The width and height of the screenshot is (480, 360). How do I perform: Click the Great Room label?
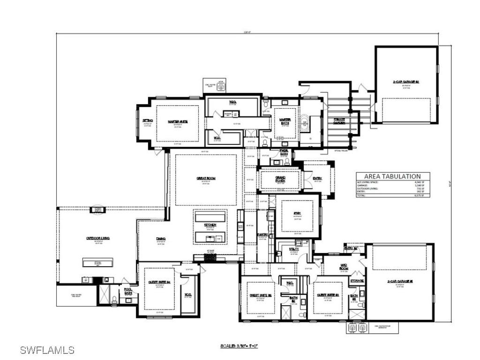[202, 178]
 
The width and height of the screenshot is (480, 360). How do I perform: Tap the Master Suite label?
[177, 121]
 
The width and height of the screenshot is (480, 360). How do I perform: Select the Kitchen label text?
[210, 225]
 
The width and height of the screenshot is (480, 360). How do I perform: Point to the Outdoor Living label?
[97, 238]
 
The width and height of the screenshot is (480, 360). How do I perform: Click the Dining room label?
[161, 238]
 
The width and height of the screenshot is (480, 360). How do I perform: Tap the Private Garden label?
[340, 121]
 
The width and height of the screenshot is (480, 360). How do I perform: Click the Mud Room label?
[344, 268]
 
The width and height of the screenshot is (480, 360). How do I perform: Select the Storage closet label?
[357, 280]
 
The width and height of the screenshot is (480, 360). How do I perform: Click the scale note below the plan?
[239, 346]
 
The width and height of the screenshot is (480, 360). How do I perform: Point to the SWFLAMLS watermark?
[47, 350]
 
